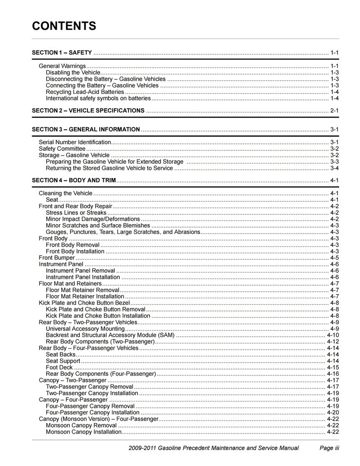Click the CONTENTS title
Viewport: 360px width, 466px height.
(64, 26)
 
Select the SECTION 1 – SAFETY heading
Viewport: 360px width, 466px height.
(62, 53)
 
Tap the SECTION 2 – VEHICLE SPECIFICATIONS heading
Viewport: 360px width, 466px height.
(88, 111)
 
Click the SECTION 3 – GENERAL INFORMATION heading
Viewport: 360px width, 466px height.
(86, 130)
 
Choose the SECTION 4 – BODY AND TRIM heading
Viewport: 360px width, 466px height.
(74, 180)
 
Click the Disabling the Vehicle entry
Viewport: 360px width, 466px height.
(72, 73)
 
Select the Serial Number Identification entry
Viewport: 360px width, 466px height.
(75, 142)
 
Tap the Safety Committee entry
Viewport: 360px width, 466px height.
(62, 149)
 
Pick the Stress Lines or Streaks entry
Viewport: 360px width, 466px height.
(76, 213)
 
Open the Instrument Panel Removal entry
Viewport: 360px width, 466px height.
(81, 271)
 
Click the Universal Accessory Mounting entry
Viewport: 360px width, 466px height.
(85, 329)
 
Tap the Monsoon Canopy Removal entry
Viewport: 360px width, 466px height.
(81, 425)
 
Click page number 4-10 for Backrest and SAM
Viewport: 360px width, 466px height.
(333, 335)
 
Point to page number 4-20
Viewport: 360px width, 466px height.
(333, 413)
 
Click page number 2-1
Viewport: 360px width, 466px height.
(335, 111)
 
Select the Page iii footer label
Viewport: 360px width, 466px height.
(330, 448)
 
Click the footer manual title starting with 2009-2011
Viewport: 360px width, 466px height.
(214, 448)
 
